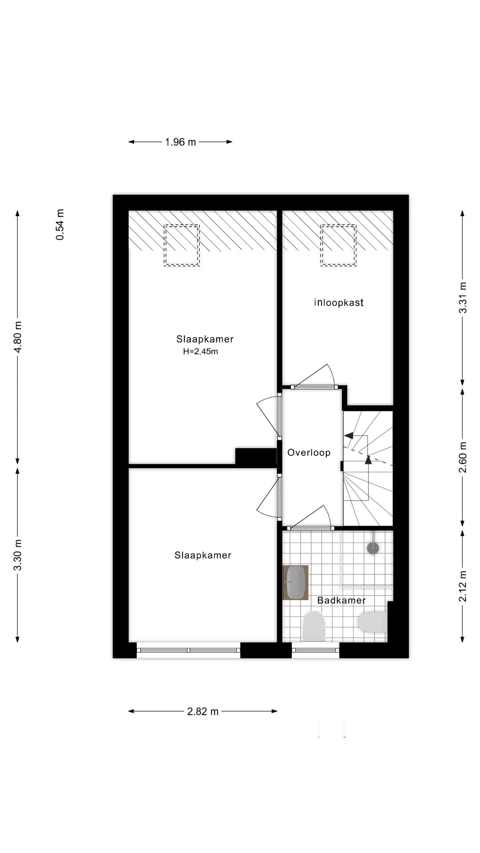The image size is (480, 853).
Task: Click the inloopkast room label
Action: coord(339,303)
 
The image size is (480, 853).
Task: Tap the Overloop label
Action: coord(309,452)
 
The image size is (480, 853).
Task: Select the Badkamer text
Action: coord(341,600)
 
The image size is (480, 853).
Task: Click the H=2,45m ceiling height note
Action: coord(200,352)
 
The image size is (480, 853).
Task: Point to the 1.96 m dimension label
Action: coord(180,142)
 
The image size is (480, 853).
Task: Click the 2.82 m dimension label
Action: coord(203,711)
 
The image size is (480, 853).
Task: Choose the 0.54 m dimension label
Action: coord(60,225)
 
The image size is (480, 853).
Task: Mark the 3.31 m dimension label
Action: coord(463,298)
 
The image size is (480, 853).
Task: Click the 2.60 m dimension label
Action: coord(463,457)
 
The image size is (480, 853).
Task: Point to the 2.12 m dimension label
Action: coord(463,586)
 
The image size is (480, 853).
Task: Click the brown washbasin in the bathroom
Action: coord(295,582)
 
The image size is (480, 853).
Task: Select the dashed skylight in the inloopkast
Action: coord(338,245)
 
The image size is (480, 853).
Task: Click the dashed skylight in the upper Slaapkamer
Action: coord(182,245)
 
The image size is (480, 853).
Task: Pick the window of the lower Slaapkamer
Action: coord(188,650)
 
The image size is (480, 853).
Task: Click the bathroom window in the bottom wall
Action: coord(315,650)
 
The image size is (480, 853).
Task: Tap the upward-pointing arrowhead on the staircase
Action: coord(368,460)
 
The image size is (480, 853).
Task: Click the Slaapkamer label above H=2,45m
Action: coord(205,339)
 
